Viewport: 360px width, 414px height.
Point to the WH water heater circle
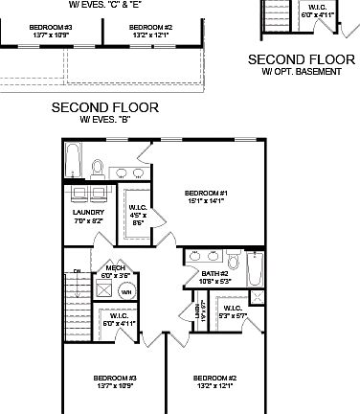click(125, 292)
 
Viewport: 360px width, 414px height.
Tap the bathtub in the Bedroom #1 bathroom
click(73, 163)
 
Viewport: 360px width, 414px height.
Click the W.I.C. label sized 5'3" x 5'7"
click(232, 309)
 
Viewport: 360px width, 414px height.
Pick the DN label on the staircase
click(76, 272)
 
